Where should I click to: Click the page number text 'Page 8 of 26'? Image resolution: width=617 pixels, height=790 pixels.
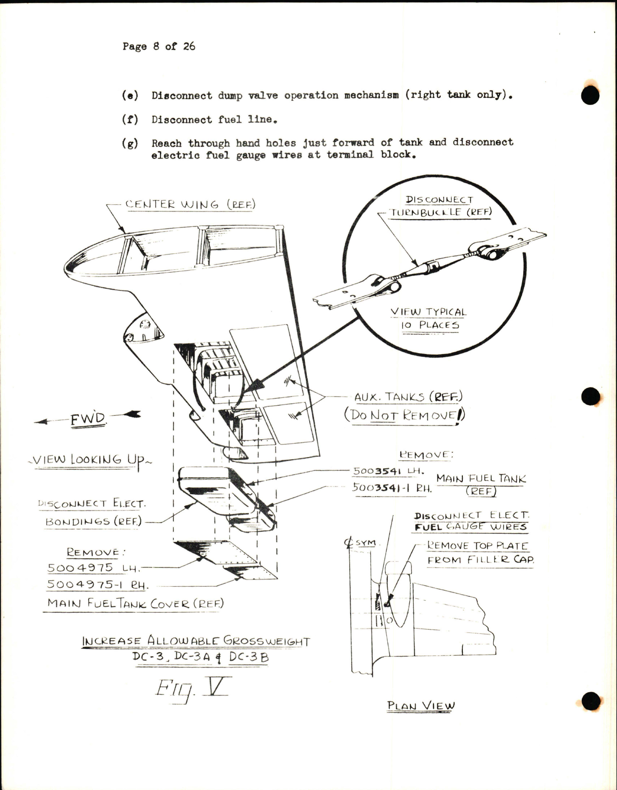158,46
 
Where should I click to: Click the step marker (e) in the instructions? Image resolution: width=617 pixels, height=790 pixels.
130,95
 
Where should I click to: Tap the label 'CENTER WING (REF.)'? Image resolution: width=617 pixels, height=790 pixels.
190,204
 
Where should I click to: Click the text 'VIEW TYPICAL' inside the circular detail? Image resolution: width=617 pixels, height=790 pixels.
428,312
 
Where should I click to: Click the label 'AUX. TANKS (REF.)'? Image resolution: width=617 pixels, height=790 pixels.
408,397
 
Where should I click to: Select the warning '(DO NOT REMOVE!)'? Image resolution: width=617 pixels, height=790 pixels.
405,415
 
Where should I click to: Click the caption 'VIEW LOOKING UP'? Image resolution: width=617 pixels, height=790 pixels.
90,460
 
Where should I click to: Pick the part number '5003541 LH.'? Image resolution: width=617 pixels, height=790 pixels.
388,471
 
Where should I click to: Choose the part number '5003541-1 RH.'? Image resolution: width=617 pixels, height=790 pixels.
392,487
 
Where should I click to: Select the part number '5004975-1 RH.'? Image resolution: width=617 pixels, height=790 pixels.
98,585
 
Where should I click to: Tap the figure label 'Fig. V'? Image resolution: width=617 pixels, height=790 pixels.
190,690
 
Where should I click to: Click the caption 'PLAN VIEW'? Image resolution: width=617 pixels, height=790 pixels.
420,706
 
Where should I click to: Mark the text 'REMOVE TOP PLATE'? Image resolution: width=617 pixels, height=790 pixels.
478,546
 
